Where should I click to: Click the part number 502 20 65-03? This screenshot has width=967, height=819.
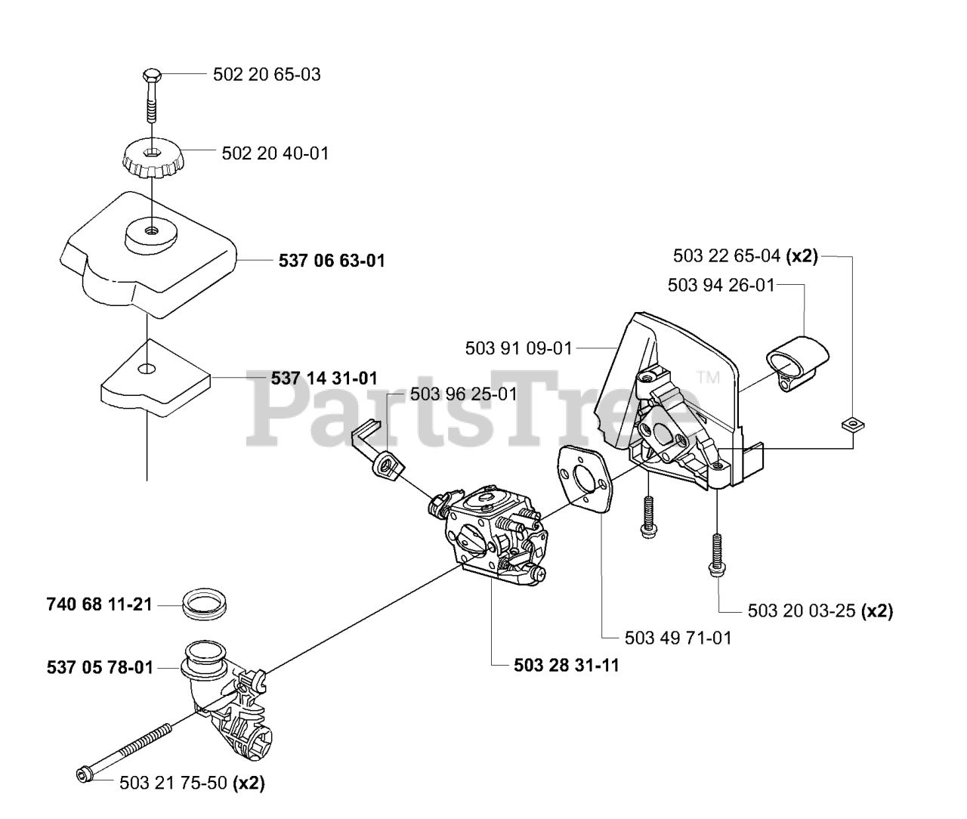[x=267, y=75]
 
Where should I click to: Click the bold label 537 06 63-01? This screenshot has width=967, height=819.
[x=332, y=261]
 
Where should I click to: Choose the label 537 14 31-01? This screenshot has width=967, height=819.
[x=324, y=378]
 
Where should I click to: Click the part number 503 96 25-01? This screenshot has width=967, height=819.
[x=464, y=394]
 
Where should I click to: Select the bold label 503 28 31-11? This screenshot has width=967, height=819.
[x=566, y=665]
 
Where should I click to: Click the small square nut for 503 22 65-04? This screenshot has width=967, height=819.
[x=853, y=424]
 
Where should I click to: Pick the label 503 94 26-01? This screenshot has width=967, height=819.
[x=721, y=285]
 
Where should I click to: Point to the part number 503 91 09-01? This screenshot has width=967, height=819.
[x=519, y=348]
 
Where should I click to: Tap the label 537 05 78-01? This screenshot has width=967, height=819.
[x=100, y=668]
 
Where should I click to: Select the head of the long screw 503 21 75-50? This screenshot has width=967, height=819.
[x=84, y=774]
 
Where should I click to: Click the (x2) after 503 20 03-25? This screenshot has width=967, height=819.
[x=876, y=610]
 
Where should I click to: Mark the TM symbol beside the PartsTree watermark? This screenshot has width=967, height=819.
[x=709, y=377]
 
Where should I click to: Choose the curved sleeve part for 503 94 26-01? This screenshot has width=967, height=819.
[x=797, y=363]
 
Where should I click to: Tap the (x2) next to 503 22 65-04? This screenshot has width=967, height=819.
[x=802, y=256]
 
